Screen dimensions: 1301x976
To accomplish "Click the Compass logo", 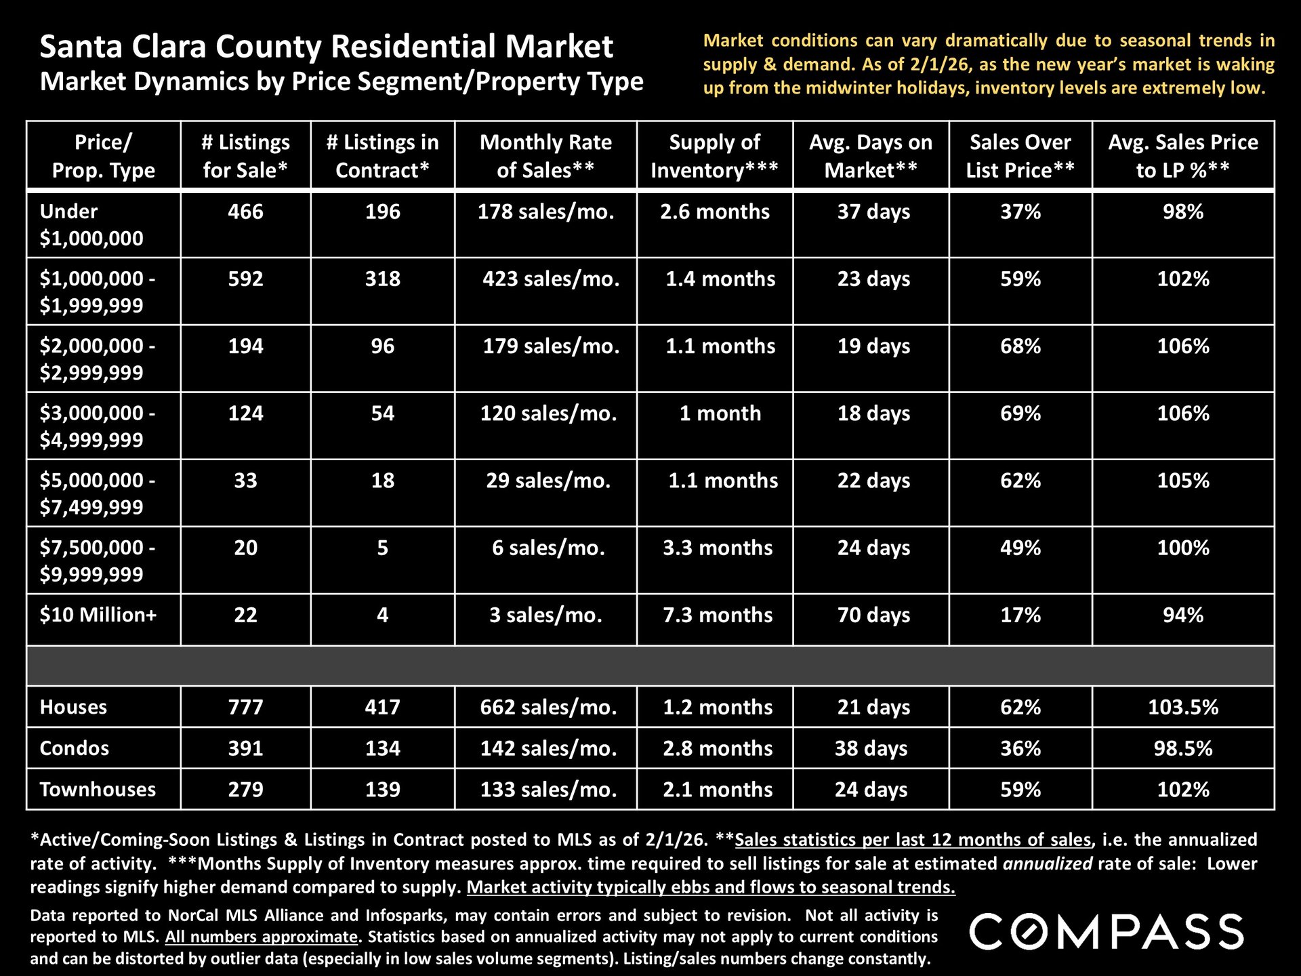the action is point(1107,931).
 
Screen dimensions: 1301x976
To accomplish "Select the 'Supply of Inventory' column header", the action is point(715,156).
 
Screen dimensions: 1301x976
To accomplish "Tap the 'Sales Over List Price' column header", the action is point(1020,156).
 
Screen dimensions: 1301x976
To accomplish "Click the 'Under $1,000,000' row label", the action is point(91,224).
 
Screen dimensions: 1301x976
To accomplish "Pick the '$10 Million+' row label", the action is point(98,615).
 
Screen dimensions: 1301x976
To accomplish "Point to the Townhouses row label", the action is point(98,789).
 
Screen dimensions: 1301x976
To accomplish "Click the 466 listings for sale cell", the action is point(245,211).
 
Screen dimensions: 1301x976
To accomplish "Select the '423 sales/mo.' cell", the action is point(551,279).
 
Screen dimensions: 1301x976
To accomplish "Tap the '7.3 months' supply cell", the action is point(718,615).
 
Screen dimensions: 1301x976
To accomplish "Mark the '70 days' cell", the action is point(873,615).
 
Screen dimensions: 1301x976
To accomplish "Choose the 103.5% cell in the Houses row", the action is point(1183,707).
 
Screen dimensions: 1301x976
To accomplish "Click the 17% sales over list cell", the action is point(1020,615).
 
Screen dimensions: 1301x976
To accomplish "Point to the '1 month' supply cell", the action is point(720,413).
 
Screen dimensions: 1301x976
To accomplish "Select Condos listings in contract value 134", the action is point(383,748).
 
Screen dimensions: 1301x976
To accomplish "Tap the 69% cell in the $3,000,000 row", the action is point(1020,413).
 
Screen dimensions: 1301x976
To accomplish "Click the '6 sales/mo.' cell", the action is point(548,548).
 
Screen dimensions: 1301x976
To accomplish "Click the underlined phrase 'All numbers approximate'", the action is point(262,937).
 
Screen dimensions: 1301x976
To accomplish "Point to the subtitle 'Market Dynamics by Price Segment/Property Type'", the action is point(342,82).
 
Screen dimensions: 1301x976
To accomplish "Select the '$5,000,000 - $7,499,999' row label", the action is point(97,493).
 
